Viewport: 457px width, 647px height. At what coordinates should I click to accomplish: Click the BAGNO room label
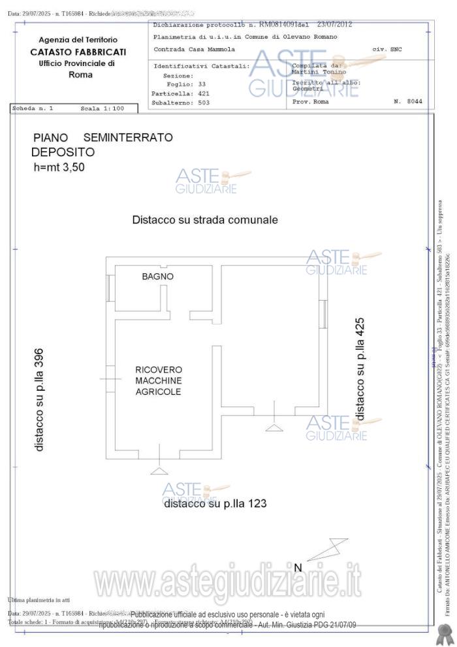pyautogui.click(x=158, y=276)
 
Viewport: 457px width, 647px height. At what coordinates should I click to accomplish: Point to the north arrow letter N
pyautogui.click(x=298, y=567)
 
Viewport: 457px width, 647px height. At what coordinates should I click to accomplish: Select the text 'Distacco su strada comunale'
pyautogui.click(x=204, y=220)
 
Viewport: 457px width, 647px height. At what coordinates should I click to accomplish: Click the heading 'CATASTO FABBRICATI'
pyautogui.click(x=78, y=52)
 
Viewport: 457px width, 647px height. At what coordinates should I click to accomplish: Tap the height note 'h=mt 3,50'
pyautogui.click(x=59, y=167)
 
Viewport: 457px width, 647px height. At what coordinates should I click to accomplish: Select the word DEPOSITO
pyautogui.click(x=63, y=152)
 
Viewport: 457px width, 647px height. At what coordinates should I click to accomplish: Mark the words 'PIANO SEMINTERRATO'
pyautogui.click(x=103, y=137)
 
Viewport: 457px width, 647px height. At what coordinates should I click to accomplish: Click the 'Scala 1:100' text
pyautogui.click(x=102, y=108)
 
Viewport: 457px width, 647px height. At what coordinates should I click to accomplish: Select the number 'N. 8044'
pyautogui.click(x=408, y=101)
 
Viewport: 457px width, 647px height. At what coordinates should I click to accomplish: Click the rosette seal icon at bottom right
pyautogui.click(x=445, y=631)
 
